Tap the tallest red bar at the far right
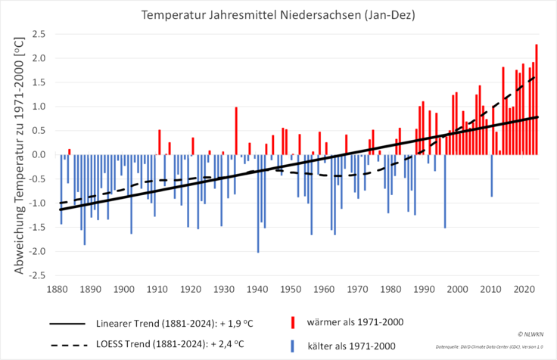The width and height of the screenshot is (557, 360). [x=537, y=99]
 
